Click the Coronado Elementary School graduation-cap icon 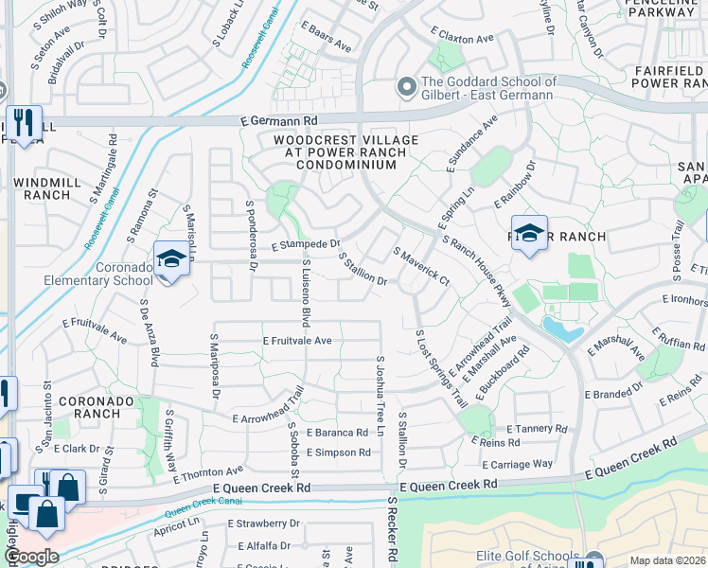click(x=171, y=258)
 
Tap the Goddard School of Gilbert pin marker click(x=407, y=87)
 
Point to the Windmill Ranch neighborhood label click(x=42, y=187)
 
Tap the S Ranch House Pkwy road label click(x=476, y=271)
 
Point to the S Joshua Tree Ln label click(x=381, y=396)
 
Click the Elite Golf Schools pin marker click(x=593, y=560)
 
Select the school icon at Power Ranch click(x=529, y=233)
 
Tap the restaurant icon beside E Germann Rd click(x=22, y=122)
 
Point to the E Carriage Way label click(x=517, y=465)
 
